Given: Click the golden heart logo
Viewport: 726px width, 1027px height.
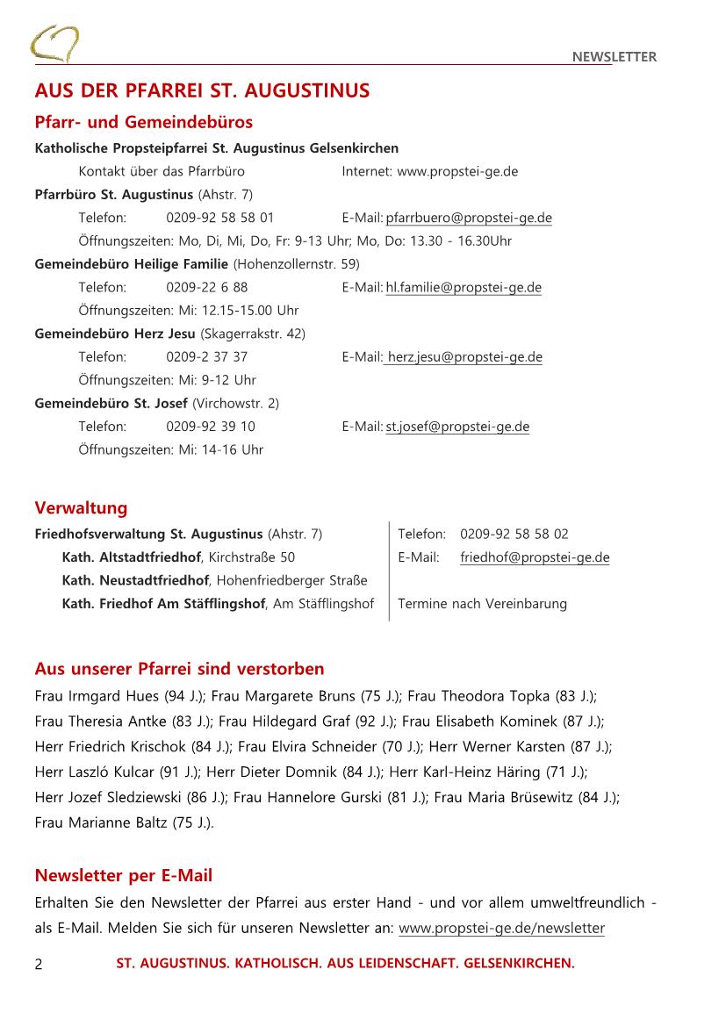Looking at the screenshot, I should pyautogui.click(x=54, y=43).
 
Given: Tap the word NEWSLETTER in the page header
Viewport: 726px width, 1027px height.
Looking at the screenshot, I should pyautogui.click(x=614, y=57).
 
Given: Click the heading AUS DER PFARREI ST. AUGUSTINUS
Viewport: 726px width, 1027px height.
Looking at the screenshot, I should pyautogui.click(x=202, y=91).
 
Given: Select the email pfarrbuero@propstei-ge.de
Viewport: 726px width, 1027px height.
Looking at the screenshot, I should pyautogui.click(x=469, y=218).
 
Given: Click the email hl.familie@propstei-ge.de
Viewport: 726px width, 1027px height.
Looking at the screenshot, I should pyautogui.click(x=464, y=287).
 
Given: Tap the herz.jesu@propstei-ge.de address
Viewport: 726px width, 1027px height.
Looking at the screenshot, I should pyautogui.click(x=464, y=357).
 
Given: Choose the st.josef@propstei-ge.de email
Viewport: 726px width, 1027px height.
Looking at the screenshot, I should pyautogui.click(x=457, y=427).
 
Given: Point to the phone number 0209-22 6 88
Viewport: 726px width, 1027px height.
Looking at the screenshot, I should pyautogui.click(x=206, y=287).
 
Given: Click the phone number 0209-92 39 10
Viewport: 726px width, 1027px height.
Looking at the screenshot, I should pyautogui.click(x=211, y=427).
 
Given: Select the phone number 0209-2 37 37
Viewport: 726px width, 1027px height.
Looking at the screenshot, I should pyautogui.click(x=206, y=357).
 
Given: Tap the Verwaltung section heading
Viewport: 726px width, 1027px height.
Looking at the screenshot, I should pyautogui.click(x=81, y=508).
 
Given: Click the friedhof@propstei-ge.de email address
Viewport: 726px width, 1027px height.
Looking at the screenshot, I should pyautogui.click(x=535, y=557).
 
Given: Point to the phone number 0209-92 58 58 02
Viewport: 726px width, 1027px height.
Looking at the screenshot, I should pyautogui.click(x=514, y=534).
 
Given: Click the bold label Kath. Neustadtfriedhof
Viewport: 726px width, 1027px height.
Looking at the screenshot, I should pyautogui.click(x=135, y=580).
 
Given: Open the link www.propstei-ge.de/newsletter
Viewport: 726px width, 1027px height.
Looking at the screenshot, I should pyautogui.click(x=501, y=928).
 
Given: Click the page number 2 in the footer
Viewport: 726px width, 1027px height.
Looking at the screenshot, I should pyautogui.click(x=39, y=964).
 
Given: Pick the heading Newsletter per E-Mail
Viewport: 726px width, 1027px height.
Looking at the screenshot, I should pyautogui.click(x=123, y=876).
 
